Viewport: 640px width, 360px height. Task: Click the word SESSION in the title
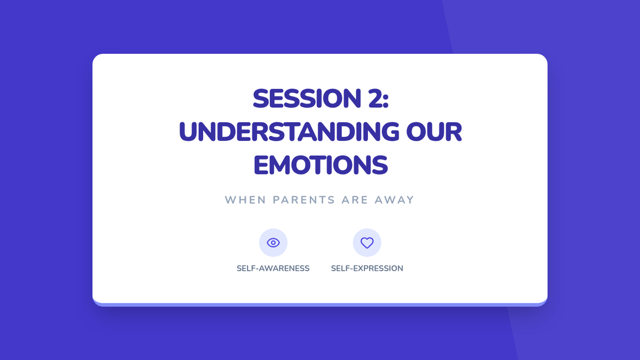(307, 98)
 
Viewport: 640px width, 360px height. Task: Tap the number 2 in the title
(375, 98)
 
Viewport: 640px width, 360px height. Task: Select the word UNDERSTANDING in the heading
(289, 132)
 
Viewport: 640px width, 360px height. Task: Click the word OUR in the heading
(434, 132)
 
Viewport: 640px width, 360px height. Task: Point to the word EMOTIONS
(321, 165)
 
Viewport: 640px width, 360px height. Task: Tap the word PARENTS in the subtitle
(303, 199)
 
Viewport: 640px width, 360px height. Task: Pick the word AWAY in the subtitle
(394, 199)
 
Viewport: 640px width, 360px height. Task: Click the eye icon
(273, 243)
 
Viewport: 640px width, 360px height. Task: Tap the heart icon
(367, 243)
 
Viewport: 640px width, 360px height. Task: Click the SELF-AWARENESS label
(273, 268)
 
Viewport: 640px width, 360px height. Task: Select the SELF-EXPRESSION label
(367, 268)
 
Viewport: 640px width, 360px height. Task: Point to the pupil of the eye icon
(273, 243)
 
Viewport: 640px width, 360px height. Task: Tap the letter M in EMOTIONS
(279, 165)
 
